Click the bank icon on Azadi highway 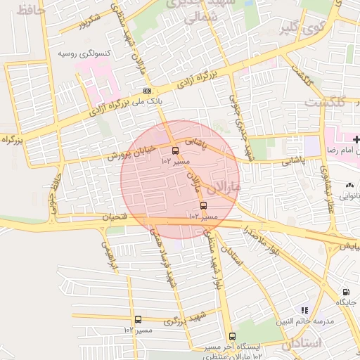pyautogui.click(x=147, y=91)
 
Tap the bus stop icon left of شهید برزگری pyautogui.click(x=138, y=320)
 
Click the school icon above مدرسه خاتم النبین pyautogui.click(x=304, y=309)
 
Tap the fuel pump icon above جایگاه pyautogui.click(x=345, y=292)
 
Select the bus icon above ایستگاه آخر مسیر pyautogui.click(x=232, y=336)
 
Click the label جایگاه pyautogui.click(x=347, y=302)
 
